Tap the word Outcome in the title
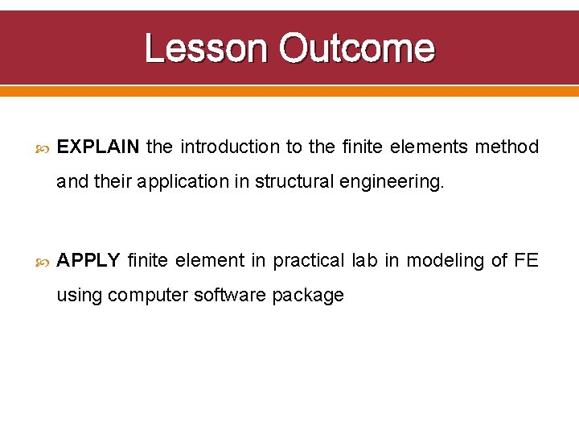click(x=356, y=48)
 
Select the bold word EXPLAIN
click(x=99, y=147)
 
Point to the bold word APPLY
click(x=88, y=260)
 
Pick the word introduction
click(x=229, y=147)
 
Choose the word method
click(x=507, y=147)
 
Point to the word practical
click(x=310, y=260)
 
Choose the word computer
click(x=148, y=296)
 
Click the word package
click(x=308, y=296)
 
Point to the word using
click(x=80, y=296)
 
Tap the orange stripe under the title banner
click(x=289, y=92)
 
